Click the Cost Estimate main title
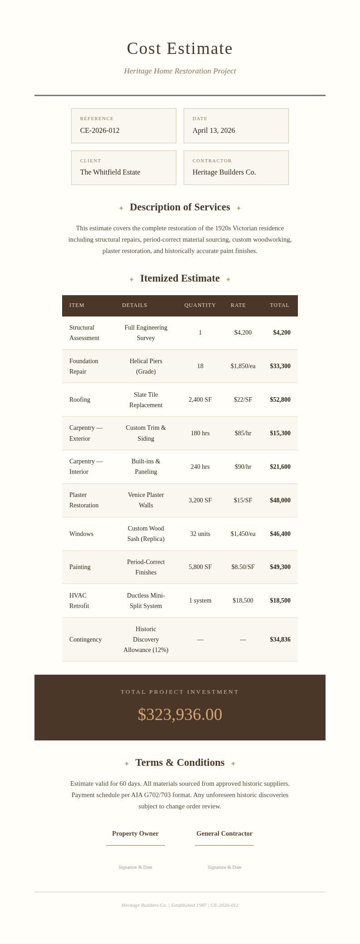click(x=180, y=49)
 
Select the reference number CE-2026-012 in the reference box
click(x=100, y=131)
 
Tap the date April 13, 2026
click(x=214, y=131)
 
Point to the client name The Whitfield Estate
click(x=110, y=172)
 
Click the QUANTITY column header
click(x=200, y=305)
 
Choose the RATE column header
click(x=238, y=305)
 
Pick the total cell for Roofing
click(x=280, y=400)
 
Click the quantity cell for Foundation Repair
click(x=200, y=366)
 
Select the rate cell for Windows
click(x=243, y=534)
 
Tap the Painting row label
click(x=80, y=567)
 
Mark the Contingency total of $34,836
click(x=280, y=640)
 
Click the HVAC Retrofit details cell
click(x=146, y=601)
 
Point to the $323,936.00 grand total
click(x=180, y=715)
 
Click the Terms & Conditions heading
click(x=180, y=763)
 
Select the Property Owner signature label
click(x=135, y=833)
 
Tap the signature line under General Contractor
click(x=224, y=845)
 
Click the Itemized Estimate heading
click(x=180, y=278)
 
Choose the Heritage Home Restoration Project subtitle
click(x=180, y=71)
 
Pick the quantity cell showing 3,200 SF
click(x=200, y=501)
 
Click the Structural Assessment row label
click(x=84, y=333)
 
